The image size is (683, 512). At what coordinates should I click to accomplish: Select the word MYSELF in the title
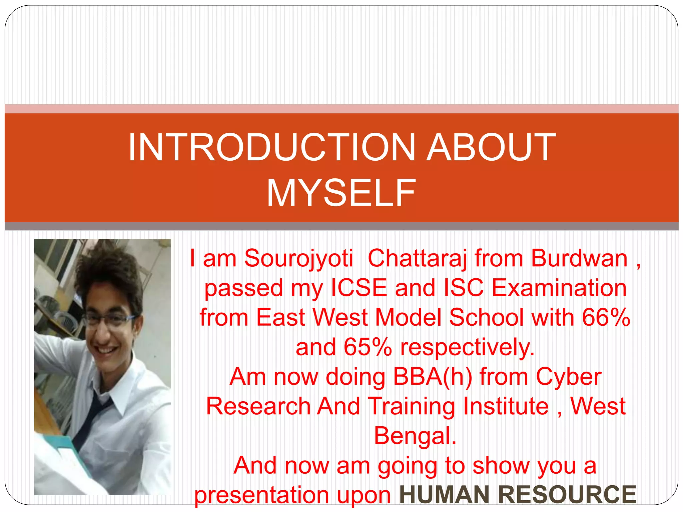pyautogui.click(x=341, y=193)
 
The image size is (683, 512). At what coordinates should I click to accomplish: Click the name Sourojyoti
pyautogui.click(x=298, y=258)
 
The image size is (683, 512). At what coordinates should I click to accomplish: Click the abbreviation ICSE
pyautogui.click(x=359, y=288)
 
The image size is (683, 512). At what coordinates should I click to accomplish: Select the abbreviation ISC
pyautogui.click(x=464, y=288)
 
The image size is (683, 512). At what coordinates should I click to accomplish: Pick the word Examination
pyautogui.click(x=559, y=288)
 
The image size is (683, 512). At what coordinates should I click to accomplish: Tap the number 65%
pyautogui.click(x=368, y=347)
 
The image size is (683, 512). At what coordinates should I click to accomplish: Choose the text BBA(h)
pyautogui.click(x=432, y=377)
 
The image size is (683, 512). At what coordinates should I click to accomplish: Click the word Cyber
pyautogui.click(x=569, y=377)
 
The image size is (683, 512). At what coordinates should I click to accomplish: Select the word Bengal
pyautogui.click(x=415, y=436)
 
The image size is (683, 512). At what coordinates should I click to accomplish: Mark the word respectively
pyautogui.click(x=467, y=347)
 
